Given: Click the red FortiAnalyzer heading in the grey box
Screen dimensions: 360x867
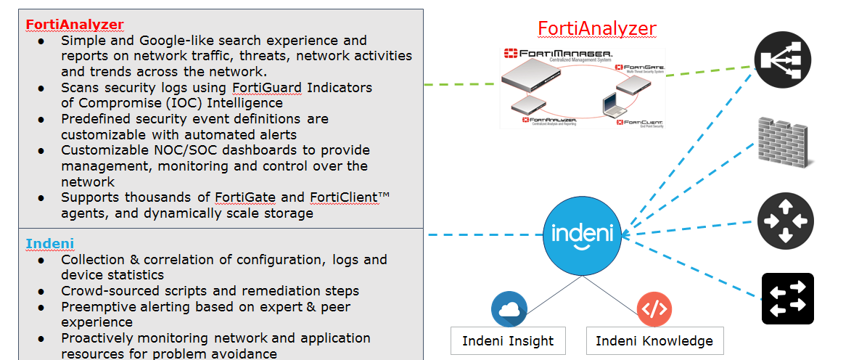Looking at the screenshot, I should [x=75, y=24].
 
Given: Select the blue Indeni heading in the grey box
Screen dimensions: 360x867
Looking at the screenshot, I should [x=50, y=243].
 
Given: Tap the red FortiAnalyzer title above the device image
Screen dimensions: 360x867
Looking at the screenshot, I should [x=596, y=28].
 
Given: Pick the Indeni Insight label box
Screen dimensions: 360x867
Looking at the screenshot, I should [x=508, y=340].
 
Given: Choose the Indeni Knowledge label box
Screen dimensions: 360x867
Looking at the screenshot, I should [x=654, y=340].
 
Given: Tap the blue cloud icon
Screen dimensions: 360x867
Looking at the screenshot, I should [x=509, y=309].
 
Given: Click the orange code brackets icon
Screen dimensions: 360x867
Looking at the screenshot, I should [x=654, y=309].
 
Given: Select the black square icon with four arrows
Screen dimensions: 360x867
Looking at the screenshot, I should [x=787, y=299].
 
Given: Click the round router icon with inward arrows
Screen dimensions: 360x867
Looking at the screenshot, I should [x=785, y=221].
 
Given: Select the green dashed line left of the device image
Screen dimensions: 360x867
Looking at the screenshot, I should [x=460, y=83].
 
